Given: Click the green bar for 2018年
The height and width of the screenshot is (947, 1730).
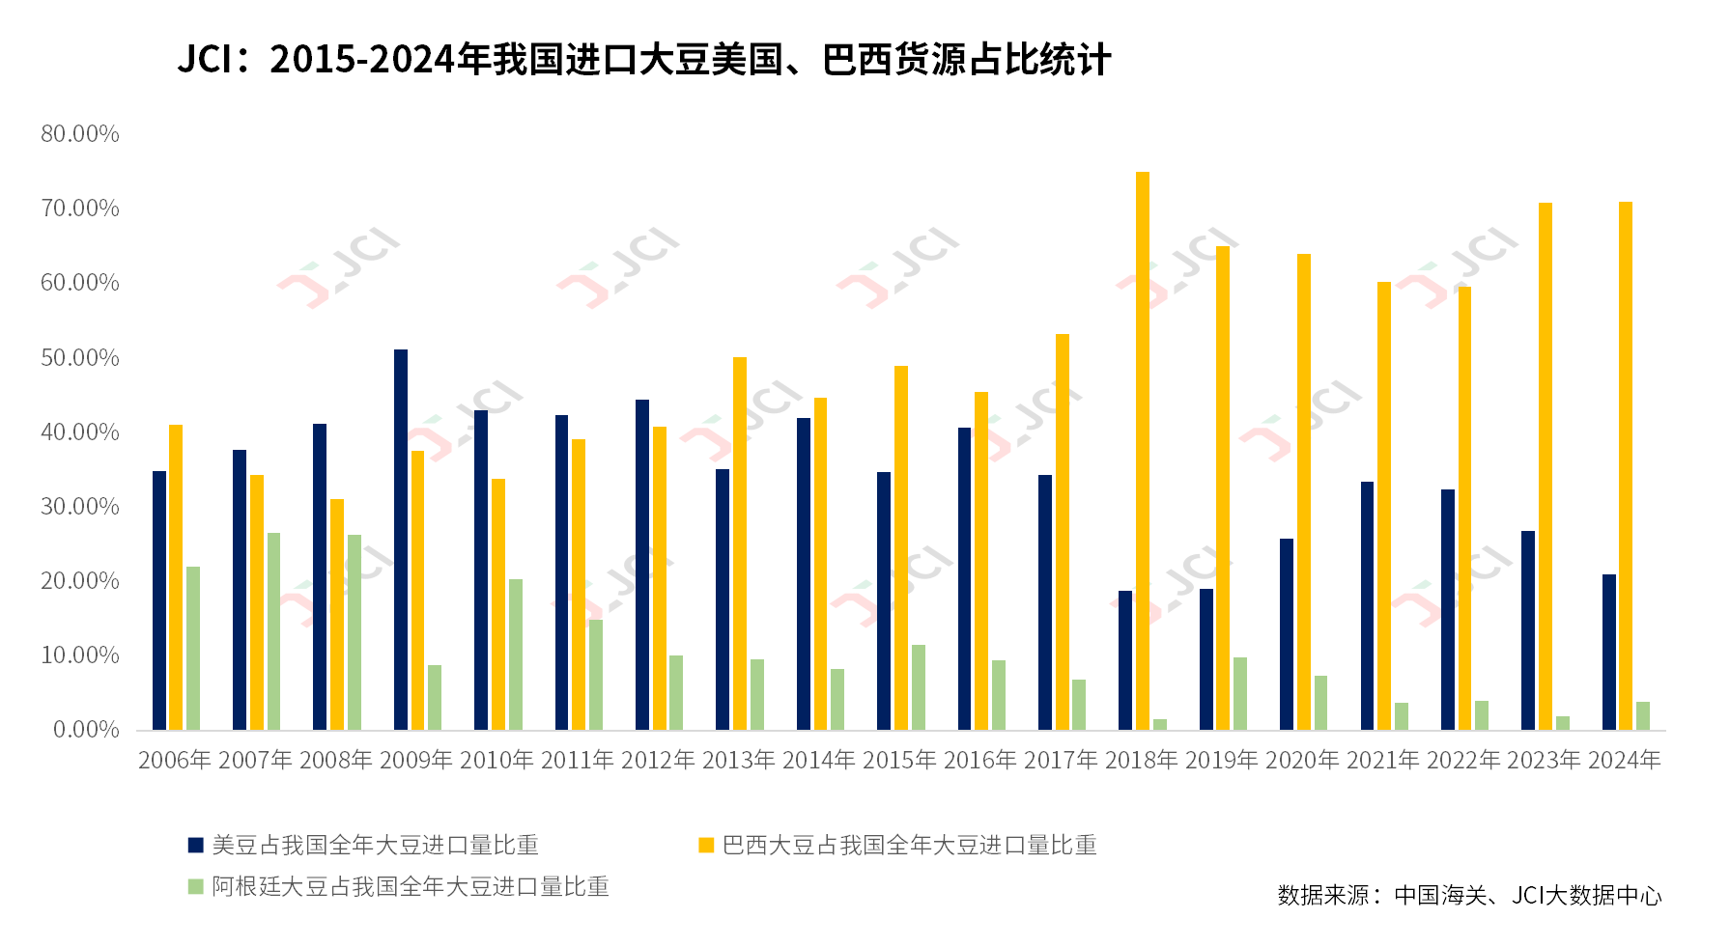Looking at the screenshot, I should coord(1159,724).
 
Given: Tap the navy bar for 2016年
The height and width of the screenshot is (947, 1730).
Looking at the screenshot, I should coord(964,578).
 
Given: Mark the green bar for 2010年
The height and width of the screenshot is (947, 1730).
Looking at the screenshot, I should coord(516,654).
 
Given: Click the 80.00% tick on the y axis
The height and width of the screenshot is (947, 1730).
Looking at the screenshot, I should coord(80,134).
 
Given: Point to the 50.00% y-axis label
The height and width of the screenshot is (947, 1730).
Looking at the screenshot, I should coord(80,358).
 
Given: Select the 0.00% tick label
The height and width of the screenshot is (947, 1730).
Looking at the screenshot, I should coord(86,730).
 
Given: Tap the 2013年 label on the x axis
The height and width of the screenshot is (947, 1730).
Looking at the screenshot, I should coord(738,761).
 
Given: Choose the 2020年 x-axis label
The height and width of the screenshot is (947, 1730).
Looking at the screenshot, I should coord(1302,761).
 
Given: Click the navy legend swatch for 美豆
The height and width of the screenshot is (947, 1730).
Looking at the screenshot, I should coord(196,846).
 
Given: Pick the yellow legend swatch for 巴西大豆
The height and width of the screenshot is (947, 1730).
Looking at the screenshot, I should coord(706,846).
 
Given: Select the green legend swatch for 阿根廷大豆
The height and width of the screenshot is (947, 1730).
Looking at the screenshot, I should coord(196,886).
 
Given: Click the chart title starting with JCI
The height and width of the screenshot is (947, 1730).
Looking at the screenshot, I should coord(643,60).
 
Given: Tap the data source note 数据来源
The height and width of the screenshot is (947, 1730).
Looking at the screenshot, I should coord(1469,896).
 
